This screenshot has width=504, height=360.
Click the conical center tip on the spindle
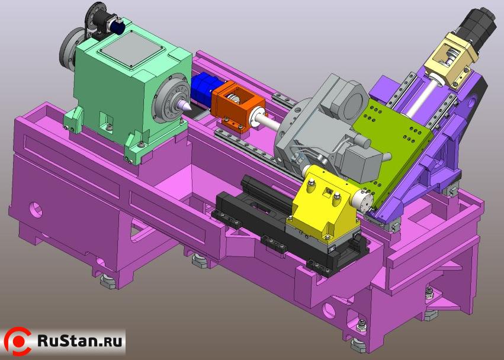tap(183, 105)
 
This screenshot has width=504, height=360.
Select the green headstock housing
tap(129, 93)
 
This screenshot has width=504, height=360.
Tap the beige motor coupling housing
tap(450, 61)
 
